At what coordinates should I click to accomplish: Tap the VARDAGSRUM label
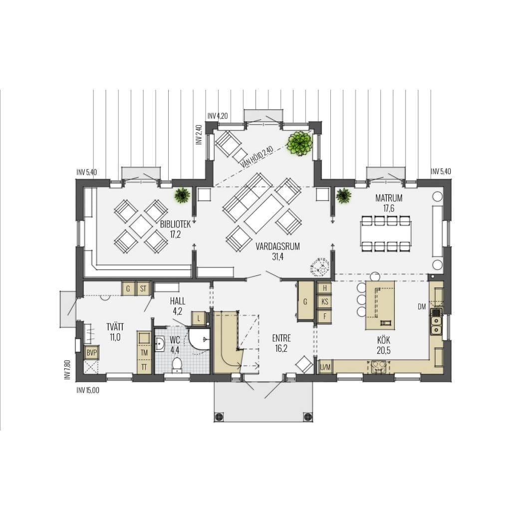coord(277,247)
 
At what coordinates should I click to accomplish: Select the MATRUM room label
coord(389,198)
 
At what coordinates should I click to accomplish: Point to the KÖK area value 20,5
coord(384,350)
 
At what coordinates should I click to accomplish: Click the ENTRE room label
coord(281,338)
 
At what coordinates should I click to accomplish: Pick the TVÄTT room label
coord(115,327)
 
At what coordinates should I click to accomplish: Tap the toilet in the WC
coord(177,365)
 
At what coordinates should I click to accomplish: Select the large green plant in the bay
coord(300,143)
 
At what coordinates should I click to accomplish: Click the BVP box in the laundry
coord(92,353)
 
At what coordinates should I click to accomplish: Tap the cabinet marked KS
coord(324,302)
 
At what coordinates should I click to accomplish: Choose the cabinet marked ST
coord(143,288)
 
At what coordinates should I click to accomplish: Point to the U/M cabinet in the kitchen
coord(325,367)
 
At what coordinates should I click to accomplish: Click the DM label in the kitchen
coord(422,307)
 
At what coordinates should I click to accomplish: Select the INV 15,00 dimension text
coord(88,390)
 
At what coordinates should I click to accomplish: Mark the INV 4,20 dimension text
coord(218,116)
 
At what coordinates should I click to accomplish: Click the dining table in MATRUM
coord(386,234)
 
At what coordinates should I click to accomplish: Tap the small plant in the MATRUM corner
coord(343,196)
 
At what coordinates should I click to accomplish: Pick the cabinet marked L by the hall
coord(199,318)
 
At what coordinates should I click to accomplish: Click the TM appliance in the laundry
coord(144,353)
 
